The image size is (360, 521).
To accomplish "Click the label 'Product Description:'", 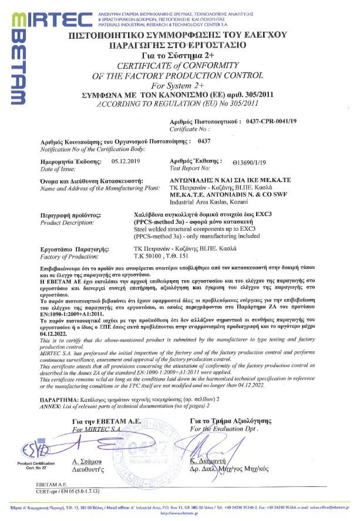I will click(x=65, y=223).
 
